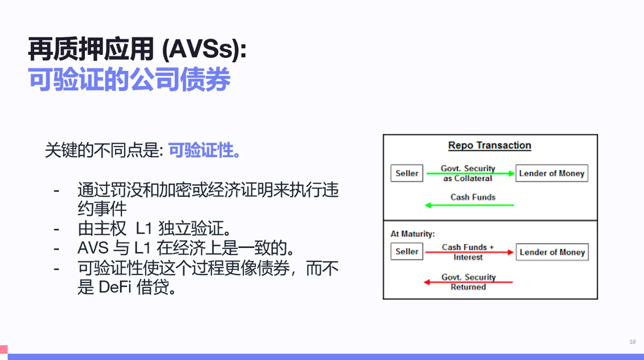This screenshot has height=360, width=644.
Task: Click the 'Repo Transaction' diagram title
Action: tap(489, 146)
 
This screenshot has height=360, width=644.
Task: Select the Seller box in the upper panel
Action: tap(407, 173)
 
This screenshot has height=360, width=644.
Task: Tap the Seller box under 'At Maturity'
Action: tap(407, 251)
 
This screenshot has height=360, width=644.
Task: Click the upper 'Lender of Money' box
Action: tap(552, 173)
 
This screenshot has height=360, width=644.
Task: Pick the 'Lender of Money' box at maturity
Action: tap(552, 252)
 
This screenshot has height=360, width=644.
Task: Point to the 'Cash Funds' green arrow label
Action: tap(473, 197)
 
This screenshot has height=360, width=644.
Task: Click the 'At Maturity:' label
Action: tap(412, 234)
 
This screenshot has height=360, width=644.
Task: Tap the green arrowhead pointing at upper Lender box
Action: tap(511, 174)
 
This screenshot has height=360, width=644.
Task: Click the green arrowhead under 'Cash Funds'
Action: tap(428, 205)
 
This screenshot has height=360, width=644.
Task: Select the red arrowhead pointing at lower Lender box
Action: tap(510, 252)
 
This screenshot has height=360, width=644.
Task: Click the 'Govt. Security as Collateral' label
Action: tap(468, 173)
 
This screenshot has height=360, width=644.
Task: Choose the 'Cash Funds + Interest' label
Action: tap(468, 252)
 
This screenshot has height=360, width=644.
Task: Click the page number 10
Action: tap(632, 342)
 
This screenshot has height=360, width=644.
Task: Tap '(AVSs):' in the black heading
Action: tap(204, 50)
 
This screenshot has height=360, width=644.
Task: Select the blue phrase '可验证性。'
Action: tap(204, 150)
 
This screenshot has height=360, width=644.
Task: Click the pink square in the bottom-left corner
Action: tap(4, 349)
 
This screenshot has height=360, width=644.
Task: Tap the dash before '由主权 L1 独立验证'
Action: tap(56, 229)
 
